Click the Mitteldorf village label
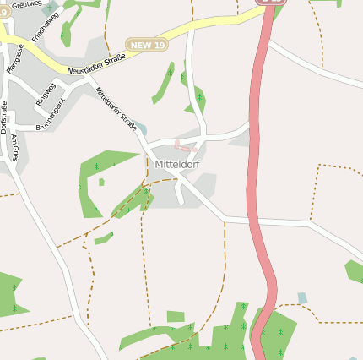(177, 164)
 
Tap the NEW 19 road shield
(146, 43)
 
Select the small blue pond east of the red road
(302, 297)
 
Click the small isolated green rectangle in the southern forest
(176, 316)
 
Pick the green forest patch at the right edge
(355, 270)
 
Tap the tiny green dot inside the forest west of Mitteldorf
(101, 182)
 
